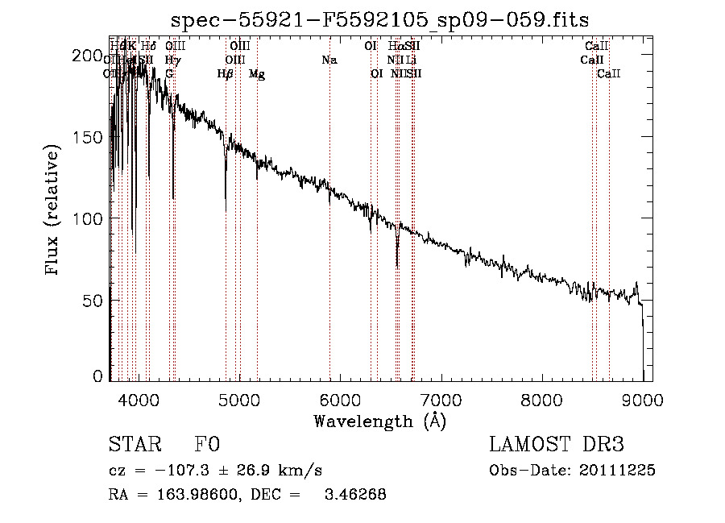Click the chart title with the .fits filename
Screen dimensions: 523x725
click(380, 20)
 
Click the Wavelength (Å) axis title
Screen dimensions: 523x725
click(379, 421)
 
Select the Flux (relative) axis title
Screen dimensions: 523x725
click(54, 211)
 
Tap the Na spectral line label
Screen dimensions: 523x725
click(329, 60)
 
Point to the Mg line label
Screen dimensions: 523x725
click(257, 74)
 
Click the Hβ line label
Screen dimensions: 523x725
click(226, 74)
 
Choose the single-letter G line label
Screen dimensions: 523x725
click(169, 74)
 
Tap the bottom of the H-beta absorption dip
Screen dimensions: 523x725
click(226, 210)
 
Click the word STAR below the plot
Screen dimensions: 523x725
click(134, 445)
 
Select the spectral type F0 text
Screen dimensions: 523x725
click(207, 445)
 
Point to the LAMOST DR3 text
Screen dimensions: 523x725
click(557, 445)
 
